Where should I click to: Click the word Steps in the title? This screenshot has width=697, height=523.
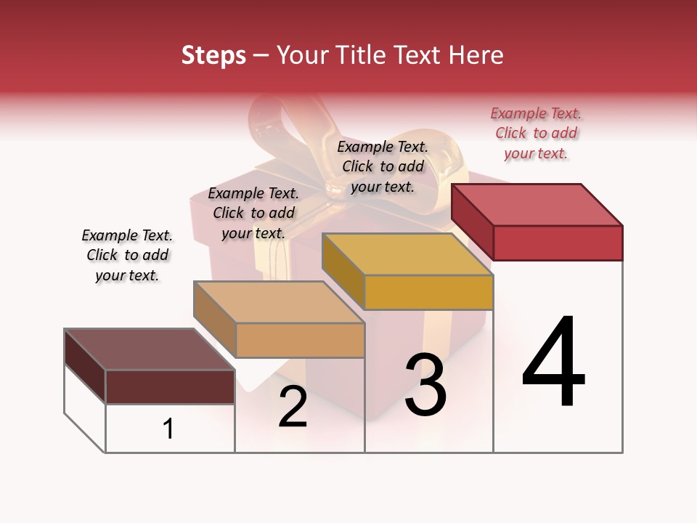click(213, 55)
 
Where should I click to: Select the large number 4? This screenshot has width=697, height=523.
click(553, 363)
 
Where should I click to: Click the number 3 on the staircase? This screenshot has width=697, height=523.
click(425, 385)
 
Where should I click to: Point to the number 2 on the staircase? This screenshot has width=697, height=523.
click(293, 407)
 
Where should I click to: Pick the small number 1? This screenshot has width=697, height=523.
click(168, 429)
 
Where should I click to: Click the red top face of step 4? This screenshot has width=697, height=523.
click(537, 204)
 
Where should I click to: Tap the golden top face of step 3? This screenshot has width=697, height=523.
click(407, 254)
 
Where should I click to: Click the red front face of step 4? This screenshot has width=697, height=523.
click(558, 243)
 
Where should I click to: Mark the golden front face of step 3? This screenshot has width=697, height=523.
click(428, 292)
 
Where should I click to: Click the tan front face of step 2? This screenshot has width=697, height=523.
click(300, 340)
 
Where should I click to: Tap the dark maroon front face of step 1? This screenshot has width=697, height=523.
click(170, 386)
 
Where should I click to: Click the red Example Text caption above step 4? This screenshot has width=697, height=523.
click(536, 133)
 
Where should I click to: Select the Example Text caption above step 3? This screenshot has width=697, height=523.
click(383, 166)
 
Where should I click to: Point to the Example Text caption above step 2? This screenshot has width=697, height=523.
click(253, 213)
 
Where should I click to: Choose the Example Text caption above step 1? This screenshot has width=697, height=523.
click(127, 255)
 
